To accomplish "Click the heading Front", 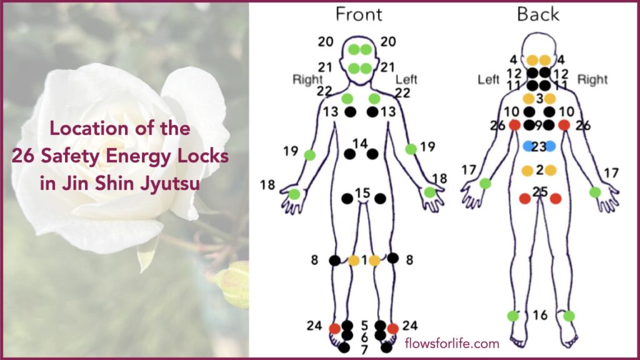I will point(359,14).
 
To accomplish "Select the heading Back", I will point(538,14).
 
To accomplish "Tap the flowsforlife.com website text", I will point(452,343).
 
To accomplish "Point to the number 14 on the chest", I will point(360,144).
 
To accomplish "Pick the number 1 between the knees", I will point(364,259).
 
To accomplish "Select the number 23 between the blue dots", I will point(539,146).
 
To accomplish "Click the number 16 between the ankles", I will point(540,315).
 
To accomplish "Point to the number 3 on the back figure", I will point(539,98).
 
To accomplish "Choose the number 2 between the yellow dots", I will point(539,169).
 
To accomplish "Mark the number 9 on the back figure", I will point(539,125).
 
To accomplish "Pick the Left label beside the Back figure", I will point(489,81).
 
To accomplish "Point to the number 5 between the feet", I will point(364,326).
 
